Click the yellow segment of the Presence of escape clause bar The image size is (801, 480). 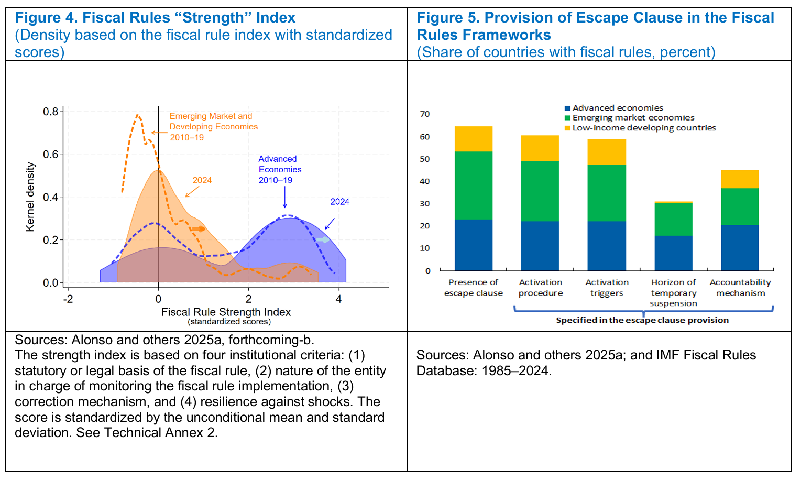[474, 139]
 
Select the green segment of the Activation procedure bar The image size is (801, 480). [540, 191]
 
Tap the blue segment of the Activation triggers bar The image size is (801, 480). [607, 246]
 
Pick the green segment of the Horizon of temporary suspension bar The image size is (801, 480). [674, 219]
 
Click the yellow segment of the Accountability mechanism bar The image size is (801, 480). [740, 179]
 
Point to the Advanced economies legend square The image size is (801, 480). [567, 108]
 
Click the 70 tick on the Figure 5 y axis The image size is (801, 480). [425, 114]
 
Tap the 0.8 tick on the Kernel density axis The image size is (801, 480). [51, 112]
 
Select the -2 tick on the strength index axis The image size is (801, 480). [68, 299]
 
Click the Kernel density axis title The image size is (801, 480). [30, 197]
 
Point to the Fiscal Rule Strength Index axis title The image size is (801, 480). [226, 312]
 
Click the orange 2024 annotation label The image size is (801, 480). [202, 180]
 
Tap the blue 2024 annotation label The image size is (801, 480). [339, 202]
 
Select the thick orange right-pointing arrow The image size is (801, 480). [199, 229]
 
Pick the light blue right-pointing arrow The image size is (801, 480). [323, 240]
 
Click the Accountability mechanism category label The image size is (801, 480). [740, 288]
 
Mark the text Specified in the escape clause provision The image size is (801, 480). [642, 320]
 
